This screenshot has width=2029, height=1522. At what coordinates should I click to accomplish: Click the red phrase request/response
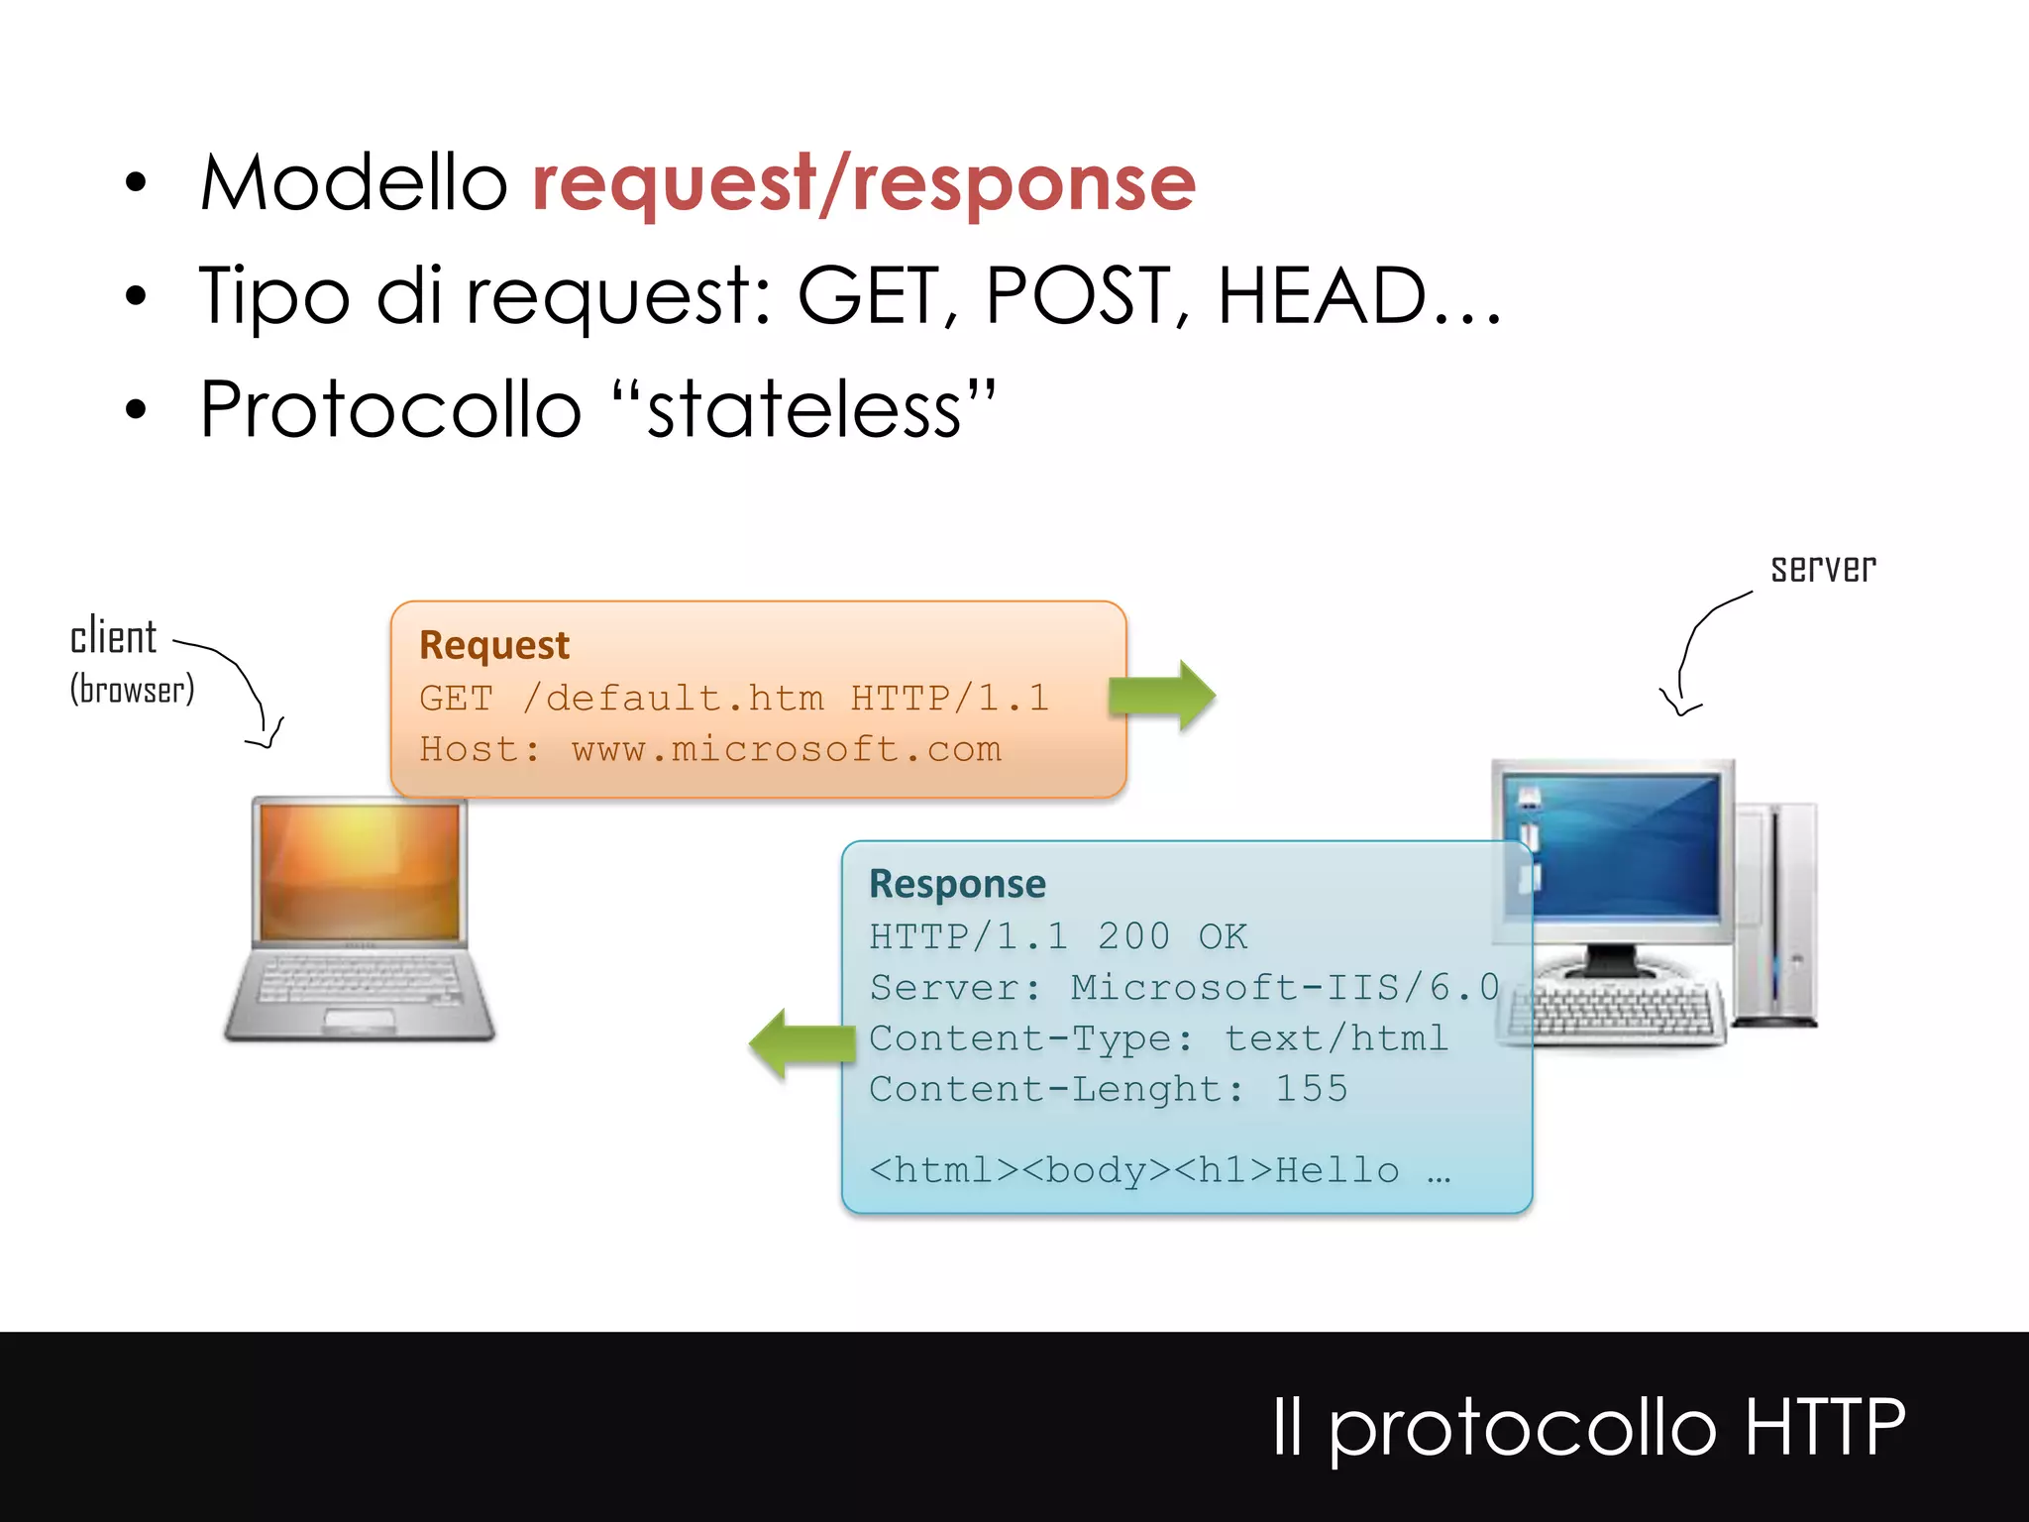click(x=864, y=183)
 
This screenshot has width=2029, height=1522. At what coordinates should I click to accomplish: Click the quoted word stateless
click(x=803, y=409)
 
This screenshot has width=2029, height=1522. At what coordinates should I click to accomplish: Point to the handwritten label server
click(x=1823, y=568)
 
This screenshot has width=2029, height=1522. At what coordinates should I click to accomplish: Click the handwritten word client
click(x=113, y=636)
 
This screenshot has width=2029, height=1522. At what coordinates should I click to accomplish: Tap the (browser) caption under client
click(x=132, y=690)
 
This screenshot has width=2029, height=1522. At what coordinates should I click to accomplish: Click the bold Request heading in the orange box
click(x=493, y=645)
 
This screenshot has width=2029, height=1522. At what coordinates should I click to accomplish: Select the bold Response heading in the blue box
click(x=957, y=884)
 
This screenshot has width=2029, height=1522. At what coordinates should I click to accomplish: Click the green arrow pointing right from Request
click(x=1162, y=696)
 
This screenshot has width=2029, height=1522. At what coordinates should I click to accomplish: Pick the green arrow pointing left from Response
click(x=801, y=1043)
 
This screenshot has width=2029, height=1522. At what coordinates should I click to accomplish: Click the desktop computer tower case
click(x=1778, y=912)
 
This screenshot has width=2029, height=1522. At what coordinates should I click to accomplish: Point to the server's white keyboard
click(x=1615, y=1011)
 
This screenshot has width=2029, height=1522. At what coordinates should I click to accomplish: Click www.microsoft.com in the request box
click(x=786, y=749)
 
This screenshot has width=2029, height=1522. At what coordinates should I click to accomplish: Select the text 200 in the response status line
click(x=1133, y=936)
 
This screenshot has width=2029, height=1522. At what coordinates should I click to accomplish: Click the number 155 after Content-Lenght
click(x=1311, y=1089)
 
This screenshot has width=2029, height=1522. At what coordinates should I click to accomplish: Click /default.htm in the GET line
click(x=673, y=699)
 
